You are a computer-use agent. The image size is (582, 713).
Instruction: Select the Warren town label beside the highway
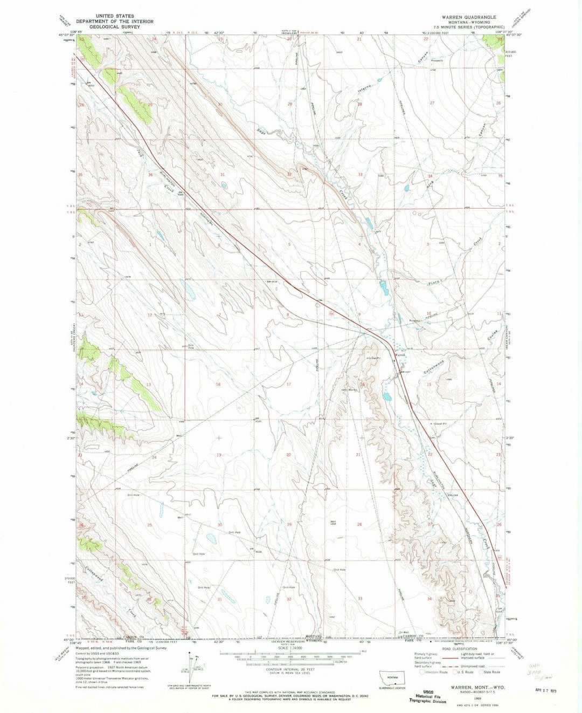[x=400, y=355]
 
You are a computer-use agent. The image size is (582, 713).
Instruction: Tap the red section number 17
[x=289, y=384]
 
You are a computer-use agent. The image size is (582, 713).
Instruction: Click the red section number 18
[x=218, y=384]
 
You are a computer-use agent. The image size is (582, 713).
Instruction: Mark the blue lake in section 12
[x=191, y=292]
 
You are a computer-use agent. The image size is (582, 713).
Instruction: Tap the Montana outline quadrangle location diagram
[x=392, y=677]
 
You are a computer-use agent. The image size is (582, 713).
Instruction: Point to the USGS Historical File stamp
[x=427, y=698]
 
